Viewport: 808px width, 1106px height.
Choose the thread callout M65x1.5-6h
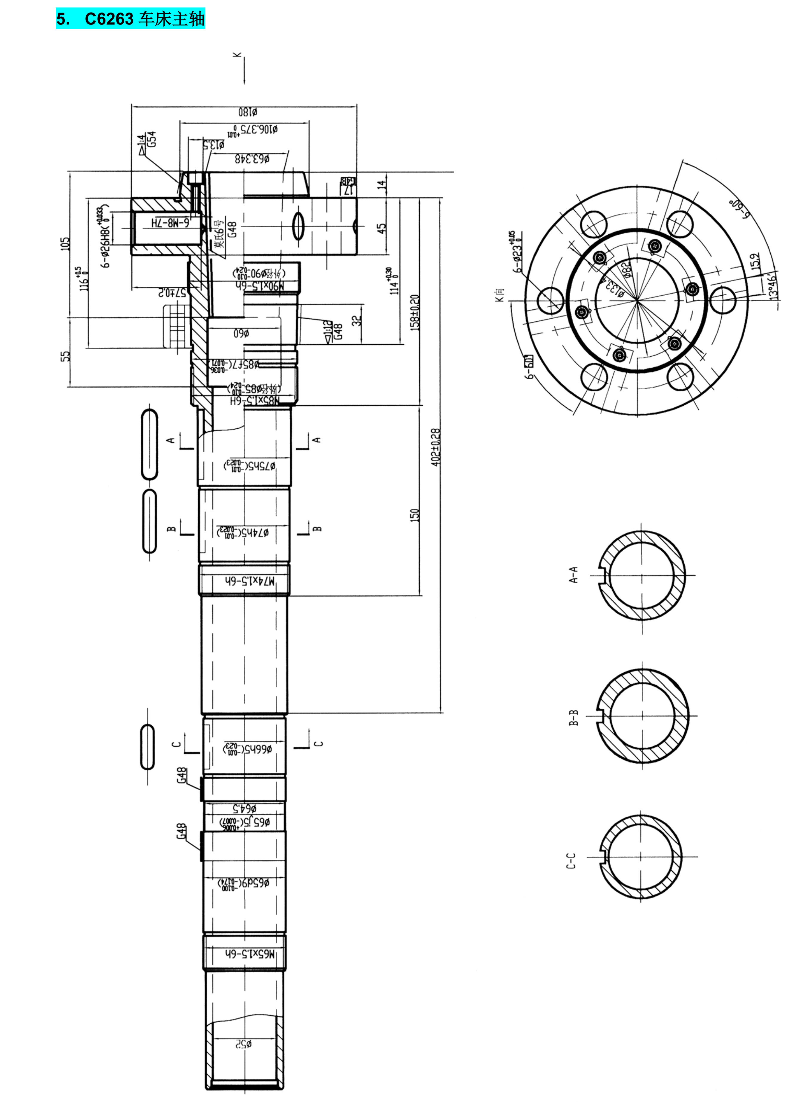(250, 954)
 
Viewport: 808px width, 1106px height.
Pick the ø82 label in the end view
(627, 268)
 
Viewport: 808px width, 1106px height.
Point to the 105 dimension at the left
(65, 244)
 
